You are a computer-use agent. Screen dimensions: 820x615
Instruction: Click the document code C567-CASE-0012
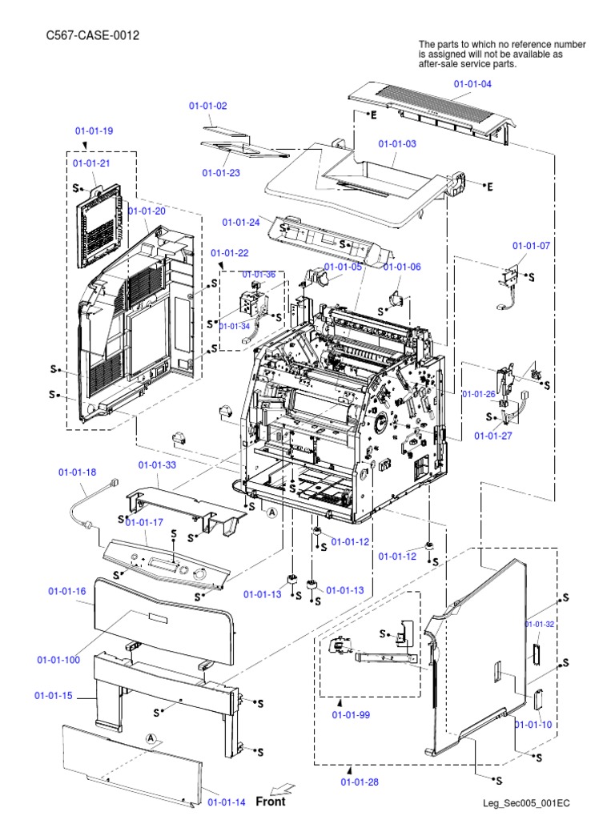(87, 36)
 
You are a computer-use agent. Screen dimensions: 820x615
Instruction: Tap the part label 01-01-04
(472, 83)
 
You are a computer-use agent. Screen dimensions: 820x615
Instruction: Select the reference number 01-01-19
(94, 131)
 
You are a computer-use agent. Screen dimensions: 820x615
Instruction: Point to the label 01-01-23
(221, 172)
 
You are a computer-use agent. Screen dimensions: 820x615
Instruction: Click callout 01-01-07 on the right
(531, 245)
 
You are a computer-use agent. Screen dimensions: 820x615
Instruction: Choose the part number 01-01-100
(58, 660)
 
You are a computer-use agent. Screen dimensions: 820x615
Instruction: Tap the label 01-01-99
(352, 714)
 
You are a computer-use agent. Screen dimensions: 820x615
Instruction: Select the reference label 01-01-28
(360, 782)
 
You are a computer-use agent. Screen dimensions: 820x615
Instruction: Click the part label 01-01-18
(77, 472)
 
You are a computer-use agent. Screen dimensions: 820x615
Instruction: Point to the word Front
(270, 801)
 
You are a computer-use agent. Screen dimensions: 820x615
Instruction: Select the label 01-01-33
(157, 464)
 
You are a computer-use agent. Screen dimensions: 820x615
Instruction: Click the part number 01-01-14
(227, 801)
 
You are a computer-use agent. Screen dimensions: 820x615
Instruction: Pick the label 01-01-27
(492, 436)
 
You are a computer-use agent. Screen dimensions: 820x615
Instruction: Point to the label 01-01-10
(533, 725)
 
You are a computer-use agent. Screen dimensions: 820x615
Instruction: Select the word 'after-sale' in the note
(439, 64)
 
